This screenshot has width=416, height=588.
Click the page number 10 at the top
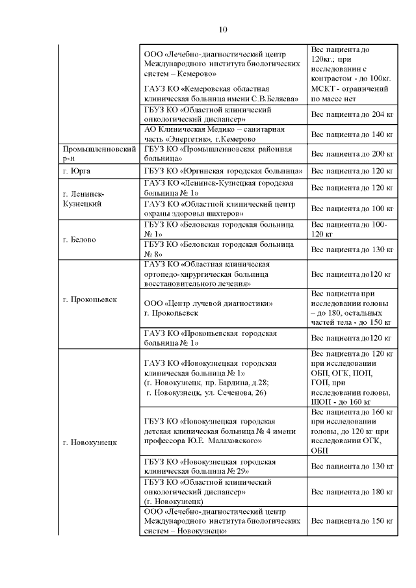(x=223, y=29)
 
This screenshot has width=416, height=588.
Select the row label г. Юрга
(x=77, y=171)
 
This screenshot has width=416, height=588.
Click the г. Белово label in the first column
(x=79, y=239)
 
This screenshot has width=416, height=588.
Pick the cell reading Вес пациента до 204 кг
(x=353, y=114)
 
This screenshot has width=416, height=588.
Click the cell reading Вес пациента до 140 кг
(x=353, y=134)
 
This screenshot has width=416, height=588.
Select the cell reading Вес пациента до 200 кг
(x=353, y=154)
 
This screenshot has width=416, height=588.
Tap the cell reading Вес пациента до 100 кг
(x=353, y=209)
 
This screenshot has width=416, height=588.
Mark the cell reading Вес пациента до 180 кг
(x=353, y=492)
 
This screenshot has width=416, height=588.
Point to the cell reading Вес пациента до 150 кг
(x=353, y=521)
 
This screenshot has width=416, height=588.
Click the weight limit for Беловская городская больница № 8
(x=353, y=249)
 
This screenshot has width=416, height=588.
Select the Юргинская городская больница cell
(x=223, y=171)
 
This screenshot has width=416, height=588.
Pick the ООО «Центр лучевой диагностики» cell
(x=208, y=303)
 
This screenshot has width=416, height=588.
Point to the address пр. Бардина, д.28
(x=235, y=383)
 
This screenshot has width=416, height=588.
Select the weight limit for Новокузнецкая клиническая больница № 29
(x=353, y=466)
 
